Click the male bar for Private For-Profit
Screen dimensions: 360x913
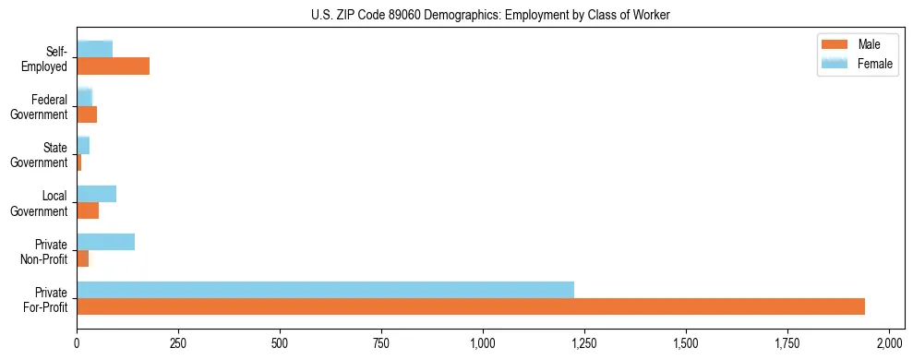tap(471, 306)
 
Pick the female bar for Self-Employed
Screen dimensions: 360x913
tap(94, 49)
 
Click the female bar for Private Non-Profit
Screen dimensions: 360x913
tap(105, 242)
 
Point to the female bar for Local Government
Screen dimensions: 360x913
tap(96, 194)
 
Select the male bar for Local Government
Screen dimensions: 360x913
tap(88, 210)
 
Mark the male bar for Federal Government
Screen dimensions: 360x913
tap(87, 114)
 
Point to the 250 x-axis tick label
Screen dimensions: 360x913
tap(178, 343)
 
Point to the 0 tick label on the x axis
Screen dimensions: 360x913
tap(77, 343)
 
